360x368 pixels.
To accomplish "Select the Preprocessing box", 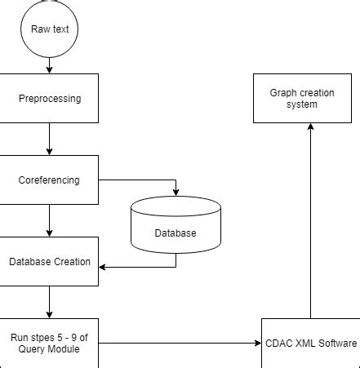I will click(49, 99).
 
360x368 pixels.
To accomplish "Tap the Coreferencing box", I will click(49, 180).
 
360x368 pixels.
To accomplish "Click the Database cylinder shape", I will click(176, 224).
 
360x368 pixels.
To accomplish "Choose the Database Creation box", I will click(49, 261).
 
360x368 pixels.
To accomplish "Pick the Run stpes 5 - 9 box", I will click(49, 343).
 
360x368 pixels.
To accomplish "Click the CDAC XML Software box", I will click(310, 343).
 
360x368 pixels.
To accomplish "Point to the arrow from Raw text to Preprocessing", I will click(49, 64).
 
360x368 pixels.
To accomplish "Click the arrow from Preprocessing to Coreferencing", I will click(49, 139).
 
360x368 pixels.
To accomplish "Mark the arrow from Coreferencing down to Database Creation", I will click(49, 220).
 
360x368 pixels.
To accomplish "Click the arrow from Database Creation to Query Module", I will click(49, 302).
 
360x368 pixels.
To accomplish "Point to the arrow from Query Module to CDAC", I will click(180, 343).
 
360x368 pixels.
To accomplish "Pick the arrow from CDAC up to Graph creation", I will click(310, 220).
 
